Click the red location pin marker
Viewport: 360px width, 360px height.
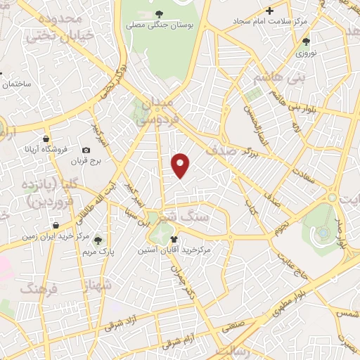point(181,164)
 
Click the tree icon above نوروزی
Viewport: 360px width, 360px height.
point(306,41)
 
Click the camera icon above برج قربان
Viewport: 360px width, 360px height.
point(86,150)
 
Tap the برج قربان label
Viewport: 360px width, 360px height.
point(86,161)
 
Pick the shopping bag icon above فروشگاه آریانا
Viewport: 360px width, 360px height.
point(46,139)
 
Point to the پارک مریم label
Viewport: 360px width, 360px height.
point(97,251)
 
